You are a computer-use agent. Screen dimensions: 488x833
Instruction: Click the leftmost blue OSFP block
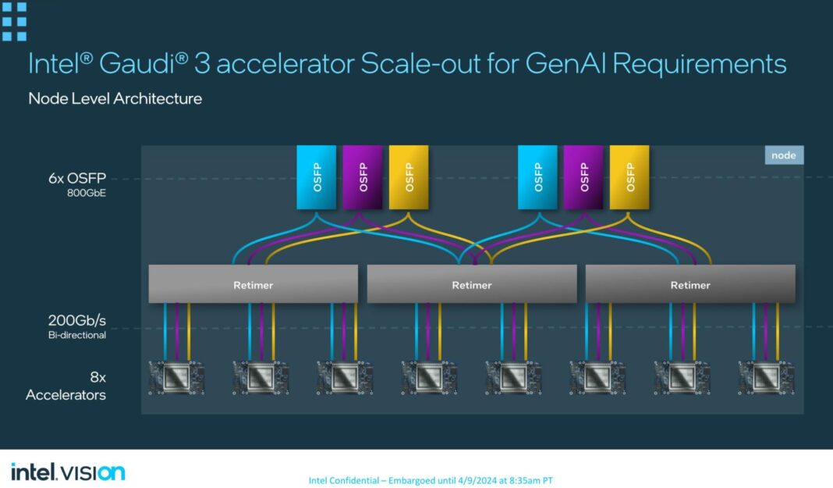point(316,177)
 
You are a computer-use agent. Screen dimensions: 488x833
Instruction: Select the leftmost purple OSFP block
point(362,177)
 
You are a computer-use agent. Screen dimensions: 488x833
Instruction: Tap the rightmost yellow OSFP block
point(629,177)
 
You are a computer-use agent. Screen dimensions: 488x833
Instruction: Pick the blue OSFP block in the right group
point(537,177)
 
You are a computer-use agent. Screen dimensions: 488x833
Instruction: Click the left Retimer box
point(253,284)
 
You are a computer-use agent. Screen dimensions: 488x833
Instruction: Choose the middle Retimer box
point(471,284)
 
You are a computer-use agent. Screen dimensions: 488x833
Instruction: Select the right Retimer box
point(689,284)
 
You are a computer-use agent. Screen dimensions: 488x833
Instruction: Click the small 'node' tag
point(783,155)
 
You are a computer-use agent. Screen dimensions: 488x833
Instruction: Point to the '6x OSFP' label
point(77,177)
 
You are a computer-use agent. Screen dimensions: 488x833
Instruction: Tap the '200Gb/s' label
point(76,320)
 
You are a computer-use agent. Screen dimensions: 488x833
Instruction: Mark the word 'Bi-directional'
point(76,334)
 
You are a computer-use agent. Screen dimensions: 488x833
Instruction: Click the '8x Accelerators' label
point(66,386)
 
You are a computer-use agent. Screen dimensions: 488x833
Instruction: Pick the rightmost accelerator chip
point(766,378)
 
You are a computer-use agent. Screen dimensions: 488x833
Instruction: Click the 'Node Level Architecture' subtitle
point(115,98)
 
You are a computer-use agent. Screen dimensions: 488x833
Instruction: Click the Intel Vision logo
point(67,472)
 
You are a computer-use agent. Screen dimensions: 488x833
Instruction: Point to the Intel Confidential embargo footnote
point(431,480)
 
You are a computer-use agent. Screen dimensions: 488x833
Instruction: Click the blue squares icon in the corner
point(14,20)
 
